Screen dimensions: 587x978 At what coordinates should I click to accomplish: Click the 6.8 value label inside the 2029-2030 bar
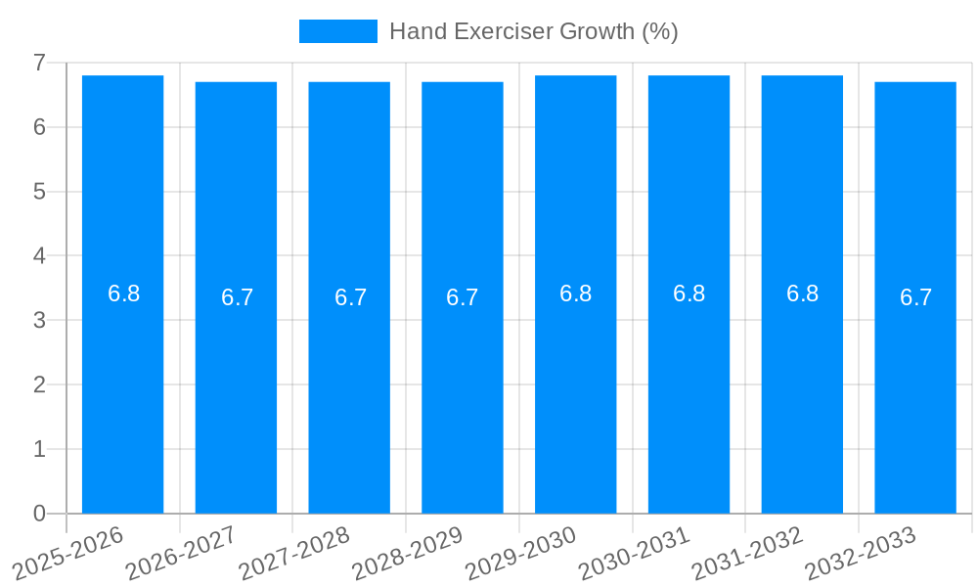[575, 293]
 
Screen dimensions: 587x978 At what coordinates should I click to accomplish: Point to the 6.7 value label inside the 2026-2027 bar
[237, 297]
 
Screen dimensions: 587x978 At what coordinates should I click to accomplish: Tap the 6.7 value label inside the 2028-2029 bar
[462, 297]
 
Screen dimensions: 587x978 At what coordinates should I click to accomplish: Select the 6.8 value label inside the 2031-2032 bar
[802, 293]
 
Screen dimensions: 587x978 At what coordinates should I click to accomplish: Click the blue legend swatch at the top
[337, 31]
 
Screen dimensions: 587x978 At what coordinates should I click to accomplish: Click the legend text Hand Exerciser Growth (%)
[533, 31]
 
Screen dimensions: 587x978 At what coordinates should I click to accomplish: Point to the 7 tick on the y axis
[39, 63]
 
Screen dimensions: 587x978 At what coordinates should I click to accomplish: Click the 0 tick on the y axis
[39, 514]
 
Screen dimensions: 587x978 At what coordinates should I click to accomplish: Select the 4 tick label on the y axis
[39, 256]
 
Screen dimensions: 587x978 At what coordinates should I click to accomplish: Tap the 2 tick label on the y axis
[39, 384]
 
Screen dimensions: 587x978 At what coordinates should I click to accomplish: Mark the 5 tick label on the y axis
[39, 192]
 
